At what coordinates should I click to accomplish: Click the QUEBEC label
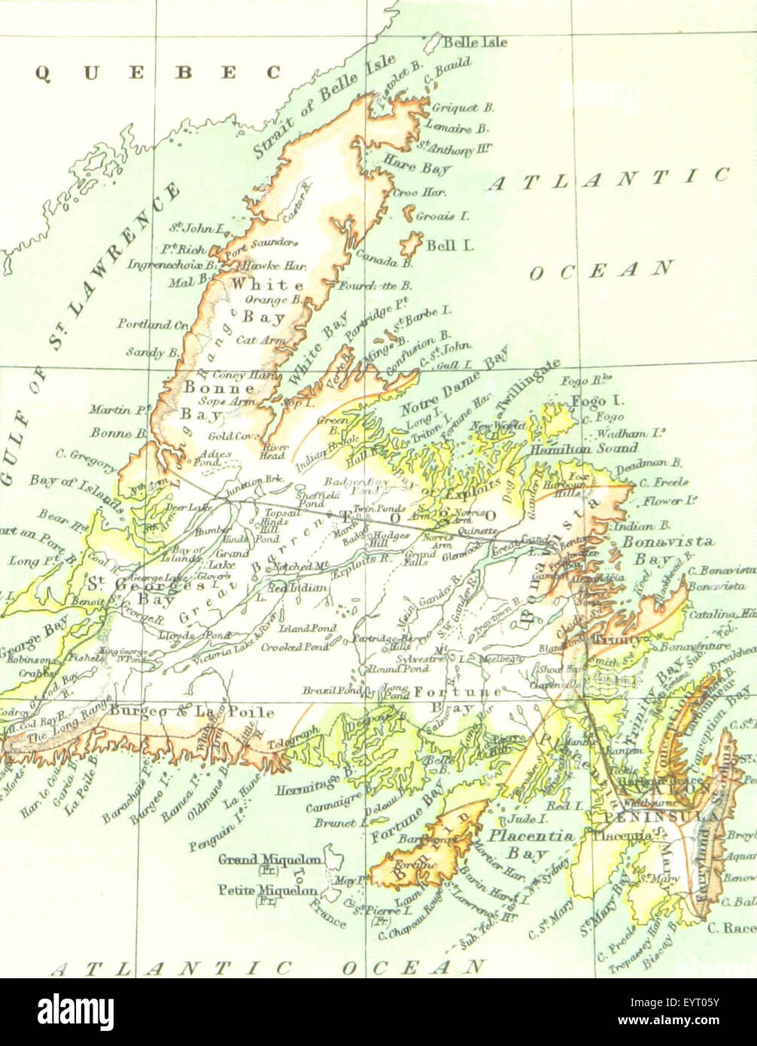[x=158, y=72]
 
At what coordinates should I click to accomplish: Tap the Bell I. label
[x=448, y=245]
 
